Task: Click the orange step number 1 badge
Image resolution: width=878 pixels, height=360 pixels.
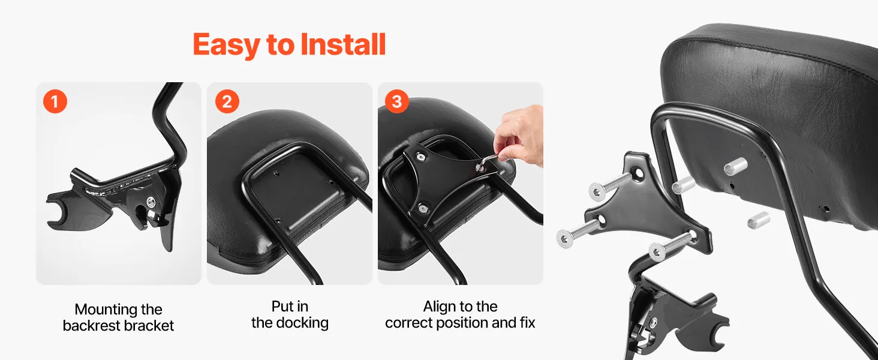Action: pyautogui.click(x=55, y=101)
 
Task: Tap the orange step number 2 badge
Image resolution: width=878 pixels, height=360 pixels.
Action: pyautogui.click(x=227, y=101)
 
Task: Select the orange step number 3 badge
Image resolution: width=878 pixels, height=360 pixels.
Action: pyautogui.click(x=396, y=101)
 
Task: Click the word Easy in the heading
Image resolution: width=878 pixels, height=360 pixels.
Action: pyautogui.click(x=226, y=45)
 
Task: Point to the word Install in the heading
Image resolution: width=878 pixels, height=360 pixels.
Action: pyautogui.click(x=343, y=44)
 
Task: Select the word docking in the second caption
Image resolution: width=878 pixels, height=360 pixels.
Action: pyautogui.click(x=302, y=323)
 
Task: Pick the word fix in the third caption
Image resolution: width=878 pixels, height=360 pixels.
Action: pyautogui.click(x=528, y=322)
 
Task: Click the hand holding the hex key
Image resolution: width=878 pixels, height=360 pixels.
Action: pyautogui.click(x=519, y=135)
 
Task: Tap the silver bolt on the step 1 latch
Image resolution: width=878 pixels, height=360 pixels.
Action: pyautogui.click(x=151, y=202)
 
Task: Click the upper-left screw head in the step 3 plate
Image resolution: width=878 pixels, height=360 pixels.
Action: pyautogui.click(x=420, y=157)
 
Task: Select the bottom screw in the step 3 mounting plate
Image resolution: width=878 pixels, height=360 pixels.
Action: pyautogui.click(x=423, y=208)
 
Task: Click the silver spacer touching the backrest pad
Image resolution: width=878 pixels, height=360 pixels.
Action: pyautogui.click(x=735, y=166)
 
